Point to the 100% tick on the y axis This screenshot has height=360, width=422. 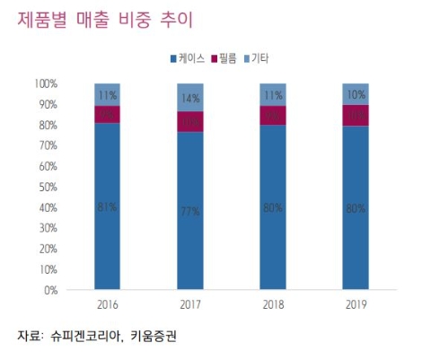[47, 83]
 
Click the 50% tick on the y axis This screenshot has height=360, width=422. [48, 187]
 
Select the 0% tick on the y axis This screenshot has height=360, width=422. [51, 290]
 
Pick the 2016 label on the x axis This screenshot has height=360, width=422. [107, 305]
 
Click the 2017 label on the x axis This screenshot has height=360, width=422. [189, 305]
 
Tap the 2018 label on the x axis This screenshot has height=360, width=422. [272, 305]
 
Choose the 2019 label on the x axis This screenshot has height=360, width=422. [355, 305]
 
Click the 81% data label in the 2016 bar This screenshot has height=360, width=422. [107, 207]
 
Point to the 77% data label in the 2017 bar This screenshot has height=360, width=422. [189, 211]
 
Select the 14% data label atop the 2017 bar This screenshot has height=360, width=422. [189, 98]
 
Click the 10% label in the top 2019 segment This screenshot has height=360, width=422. [355, 94]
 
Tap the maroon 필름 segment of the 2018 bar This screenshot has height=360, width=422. [272, 116]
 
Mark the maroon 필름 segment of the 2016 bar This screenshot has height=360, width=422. [107, 114]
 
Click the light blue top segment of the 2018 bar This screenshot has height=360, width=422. [272, 94]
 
